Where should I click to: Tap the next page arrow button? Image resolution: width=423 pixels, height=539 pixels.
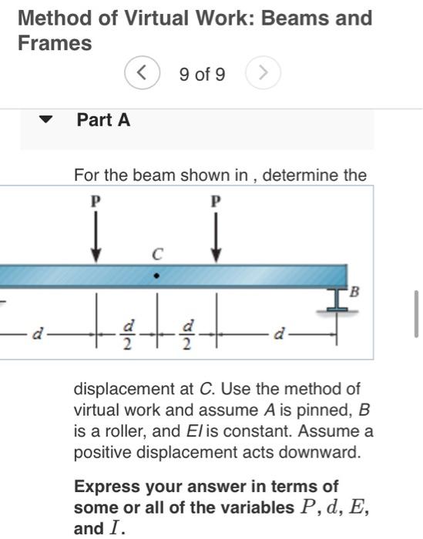pyautogui.click(x=263, y=74)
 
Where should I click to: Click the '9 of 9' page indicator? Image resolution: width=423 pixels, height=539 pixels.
pyautogui.click(x=202, y=75)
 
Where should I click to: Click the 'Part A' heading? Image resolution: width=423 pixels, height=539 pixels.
pyautogui.click(x=103, y=120)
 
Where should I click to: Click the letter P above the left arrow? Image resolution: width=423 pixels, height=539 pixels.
pyautogui.click(x=96, y=202)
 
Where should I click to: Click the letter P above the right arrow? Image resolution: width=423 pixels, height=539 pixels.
pyautogui.click(x=217, y=202)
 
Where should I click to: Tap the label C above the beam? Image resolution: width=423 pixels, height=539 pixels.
pyautogui.click(x=156, y=252)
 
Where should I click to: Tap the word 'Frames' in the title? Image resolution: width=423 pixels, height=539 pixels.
pyautogui.click(x=55, y=43)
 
